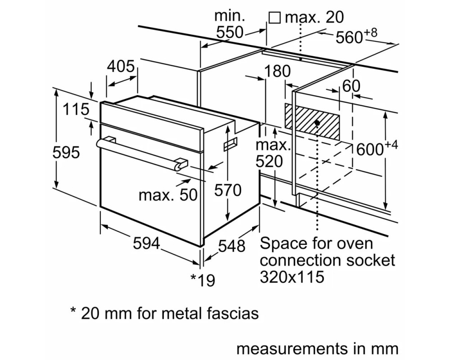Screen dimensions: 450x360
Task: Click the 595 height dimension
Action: (x=66, y=152)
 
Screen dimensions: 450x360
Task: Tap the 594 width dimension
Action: (x=146, y=243)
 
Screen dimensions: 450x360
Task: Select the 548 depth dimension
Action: (x=232, y=246)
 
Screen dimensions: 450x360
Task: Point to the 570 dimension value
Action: (x=228, y=190)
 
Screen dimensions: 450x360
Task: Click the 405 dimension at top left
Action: (x=121, y=66)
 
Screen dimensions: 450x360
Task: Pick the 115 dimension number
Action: (x=76, y=109)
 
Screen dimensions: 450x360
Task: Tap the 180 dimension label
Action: (x=277, y=71)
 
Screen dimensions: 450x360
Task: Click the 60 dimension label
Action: (x=351, y=85)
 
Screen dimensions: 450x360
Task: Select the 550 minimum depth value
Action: (x=229, y=32)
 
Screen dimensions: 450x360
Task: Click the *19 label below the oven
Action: (x=203, y=280)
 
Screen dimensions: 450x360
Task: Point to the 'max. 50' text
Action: (x=168, y=195)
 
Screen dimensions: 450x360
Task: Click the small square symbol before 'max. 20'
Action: (x=274, y=18)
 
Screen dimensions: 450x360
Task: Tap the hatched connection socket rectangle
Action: (x=312, y=121)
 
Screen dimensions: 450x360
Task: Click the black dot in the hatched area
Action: (x=317, y=123)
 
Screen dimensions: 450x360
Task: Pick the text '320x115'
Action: (x=292, y=277)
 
